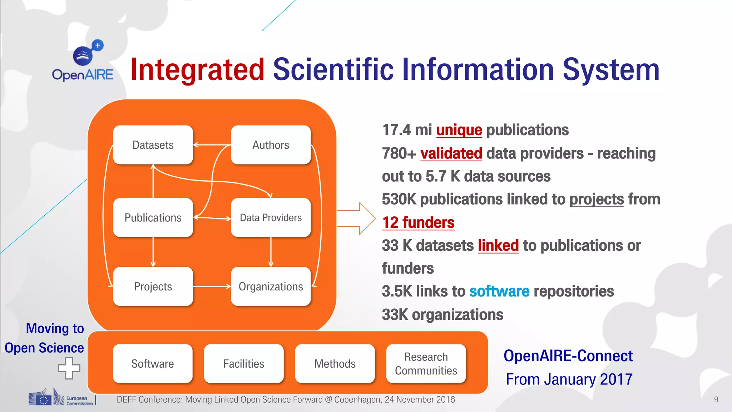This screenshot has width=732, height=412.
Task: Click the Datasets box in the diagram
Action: pyautogui.click(x=153, y=145)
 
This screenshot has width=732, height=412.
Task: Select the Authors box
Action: pyautogui.click(x=271, y=145)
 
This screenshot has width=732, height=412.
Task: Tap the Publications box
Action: pyautogui.click(x=153, y=217)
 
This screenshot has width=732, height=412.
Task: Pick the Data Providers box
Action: pyautogui.click(x=271, y=217)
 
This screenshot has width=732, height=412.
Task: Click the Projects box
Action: pyautogui.click(x=153, y=286)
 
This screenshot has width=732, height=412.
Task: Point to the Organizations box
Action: pyautogui.click(x=271, y=286)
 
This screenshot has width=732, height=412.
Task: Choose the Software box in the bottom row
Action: pyautogui.click(x=153, y=364)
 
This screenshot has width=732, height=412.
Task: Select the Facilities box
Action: pyautogui.click(x=244, y=364)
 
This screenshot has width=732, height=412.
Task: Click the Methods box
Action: pyautogui.click(x=335, y=364)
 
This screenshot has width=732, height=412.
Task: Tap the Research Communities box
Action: pyautogui.click(x=426, y=364)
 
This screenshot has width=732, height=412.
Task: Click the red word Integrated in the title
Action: pyautogui.click(x=197, y=70)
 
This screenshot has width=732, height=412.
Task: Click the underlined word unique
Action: pyautogui.click(x=459, y=130)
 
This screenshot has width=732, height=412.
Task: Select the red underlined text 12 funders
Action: pyautogui.click(x=418, y=222)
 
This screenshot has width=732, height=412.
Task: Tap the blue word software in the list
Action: pyautogui.click(x=499, y=291)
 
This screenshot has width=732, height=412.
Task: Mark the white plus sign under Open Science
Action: pyautogui.click(x=69, y=368)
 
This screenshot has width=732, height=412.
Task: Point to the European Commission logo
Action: pyautogui.click(x=61, y=398)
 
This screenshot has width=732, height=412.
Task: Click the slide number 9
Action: pyautogui.click(x=716, y=399)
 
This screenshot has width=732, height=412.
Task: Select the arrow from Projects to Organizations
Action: pyautogui.click(x=212, y=286)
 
